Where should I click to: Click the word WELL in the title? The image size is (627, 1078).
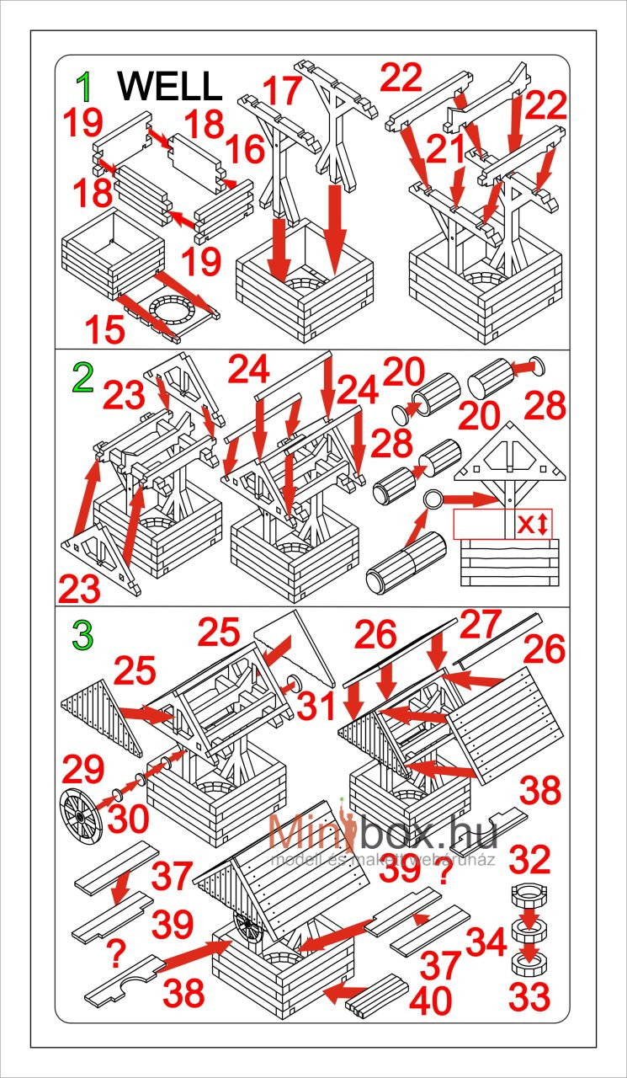pyautogui.click(x=169, y=86)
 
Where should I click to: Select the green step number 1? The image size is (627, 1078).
pyautogui.click(x=84, y=86)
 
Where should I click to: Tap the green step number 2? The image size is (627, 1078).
pyautogui.click(x=82, y=381)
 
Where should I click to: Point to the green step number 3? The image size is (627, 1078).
pyautogui.click(x=82, y=636)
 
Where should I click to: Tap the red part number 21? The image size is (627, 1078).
pyautogui.click(x=446, y=151)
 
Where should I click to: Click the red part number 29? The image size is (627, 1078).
pyautogui.click(x=82, y=770)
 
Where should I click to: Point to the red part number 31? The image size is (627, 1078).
pyautogui.click(x=318, y=706)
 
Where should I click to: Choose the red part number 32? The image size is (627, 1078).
pyautogui.click(x=529, y=860)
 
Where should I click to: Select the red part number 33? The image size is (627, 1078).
pyautogui.click(x=529, y=995)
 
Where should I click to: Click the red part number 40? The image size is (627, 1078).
pyautogui.click(x=431, y=999)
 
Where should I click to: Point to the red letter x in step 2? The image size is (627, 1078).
pyautogui.click(x=525, y=524)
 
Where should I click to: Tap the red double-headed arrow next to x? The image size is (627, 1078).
pyautogui.click(x=543, y=525)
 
